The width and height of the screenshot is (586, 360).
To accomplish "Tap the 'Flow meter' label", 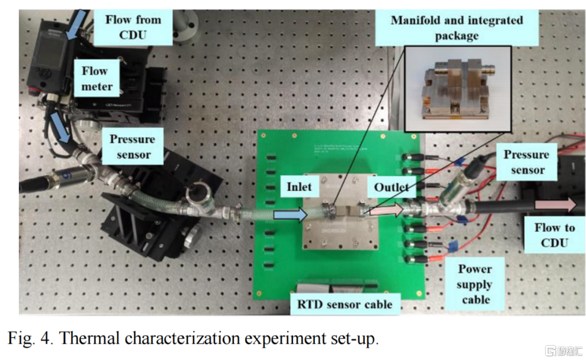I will pos(97,78).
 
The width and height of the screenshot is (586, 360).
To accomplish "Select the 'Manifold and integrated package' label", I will pos(457,28).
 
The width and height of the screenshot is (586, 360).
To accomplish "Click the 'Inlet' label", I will pos(298,186).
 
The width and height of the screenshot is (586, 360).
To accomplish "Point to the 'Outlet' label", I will pos(391,187).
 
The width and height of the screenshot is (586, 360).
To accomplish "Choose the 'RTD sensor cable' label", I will pos(345,304).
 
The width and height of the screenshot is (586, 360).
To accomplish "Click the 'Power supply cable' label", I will pos(474,283).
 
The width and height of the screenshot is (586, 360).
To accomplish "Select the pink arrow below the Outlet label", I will pos(386,210).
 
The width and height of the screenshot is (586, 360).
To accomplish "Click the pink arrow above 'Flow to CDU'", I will pos(554,205).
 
